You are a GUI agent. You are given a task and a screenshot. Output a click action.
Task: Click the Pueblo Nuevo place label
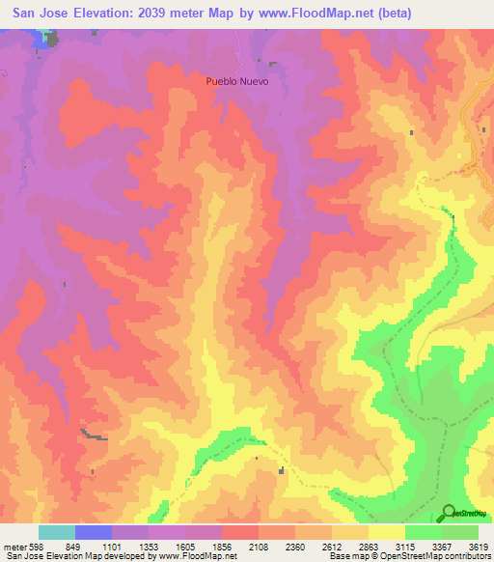coord(236,81)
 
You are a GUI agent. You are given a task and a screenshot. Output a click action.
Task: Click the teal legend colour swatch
coord(57,532)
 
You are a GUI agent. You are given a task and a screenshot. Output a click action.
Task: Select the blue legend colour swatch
coord(94,532)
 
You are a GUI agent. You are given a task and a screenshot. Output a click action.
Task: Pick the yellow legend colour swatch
coord(387,532)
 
